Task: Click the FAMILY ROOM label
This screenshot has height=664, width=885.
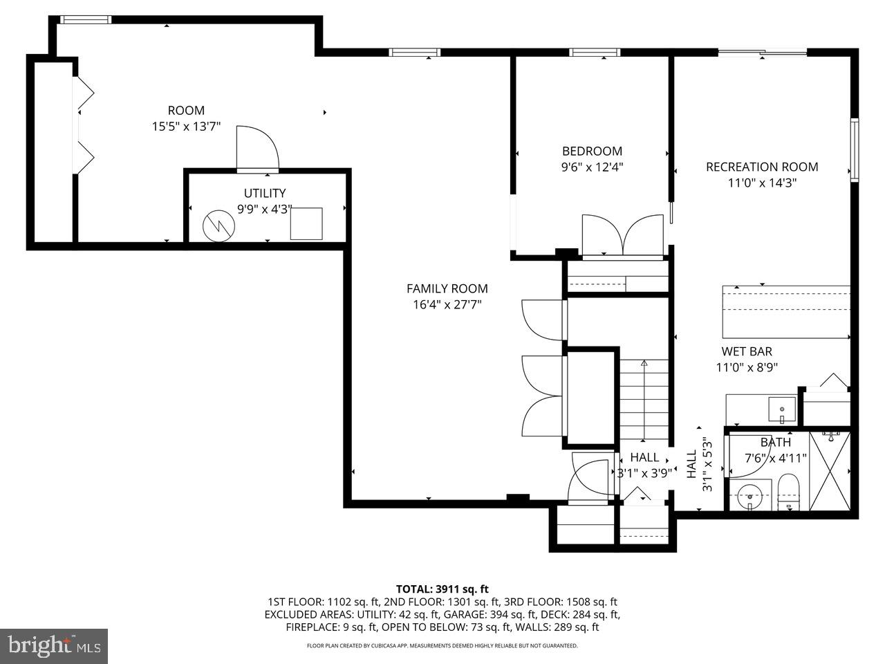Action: pos(447,288)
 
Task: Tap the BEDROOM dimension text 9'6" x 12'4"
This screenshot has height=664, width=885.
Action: pos(592,167)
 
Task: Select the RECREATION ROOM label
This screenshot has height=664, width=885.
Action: pos(762,167)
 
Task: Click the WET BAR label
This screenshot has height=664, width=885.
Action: pos(747,351)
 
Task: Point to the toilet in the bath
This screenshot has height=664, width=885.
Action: pos(788,491)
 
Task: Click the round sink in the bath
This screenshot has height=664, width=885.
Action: pos(749,495)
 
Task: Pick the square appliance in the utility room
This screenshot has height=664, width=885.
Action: pos(306,223)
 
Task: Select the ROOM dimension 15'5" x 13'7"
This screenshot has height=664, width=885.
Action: pos(186,126)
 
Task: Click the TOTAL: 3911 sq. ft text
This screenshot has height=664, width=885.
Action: pos(442,589)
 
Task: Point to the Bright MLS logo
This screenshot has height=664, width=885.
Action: pos(53,646)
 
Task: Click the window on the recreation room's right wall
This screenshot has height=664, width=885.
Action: pos(855,149)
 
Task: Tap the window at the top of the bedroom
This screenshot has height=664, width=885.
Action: pos(595,52)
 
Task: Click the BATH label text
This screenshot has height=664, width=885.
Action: pos(775,442)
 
